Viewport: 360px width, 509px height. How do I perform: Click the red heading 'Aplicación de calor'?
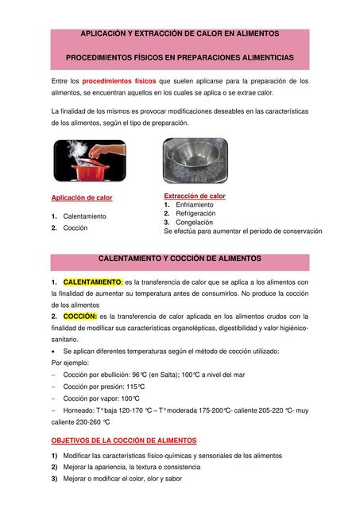pyautogui.click(x=82, y=197)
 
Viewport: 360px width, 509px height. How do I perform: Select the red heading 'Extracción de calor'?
pyautogui.click(x=195, y=196)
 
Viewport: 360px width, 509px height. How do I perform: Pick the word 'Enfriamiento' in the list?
pyautogui.click(x=194, y=204)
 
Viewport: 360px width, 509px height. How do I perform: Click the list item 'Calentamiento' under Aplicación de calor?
pyautogui.click(x=85, y=216)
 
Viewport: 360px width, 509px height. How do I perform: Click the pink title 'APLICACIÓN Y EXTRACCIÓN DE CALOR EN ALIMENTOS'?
pyautogui.click(x=180, y=33)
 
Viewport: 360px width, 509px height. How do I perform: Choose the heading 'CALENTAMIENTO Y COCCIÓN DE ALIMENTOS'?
pyautogui.click(x=179, y=259)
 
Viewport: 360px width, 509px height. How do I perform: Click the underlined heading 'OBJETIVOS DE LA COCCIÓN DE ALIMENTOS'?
pyautogui.click(x=123, y=440)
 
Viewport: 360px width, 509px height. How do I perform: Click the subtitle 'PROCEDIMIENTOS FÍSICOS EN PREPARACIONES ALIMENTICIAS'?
pyautogui.click(x=180, y=58)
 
